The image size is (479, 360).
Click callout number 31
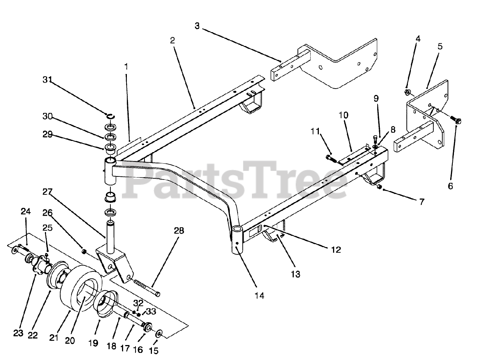(47, 80)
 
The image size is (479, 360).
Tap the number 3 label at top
(197, 26)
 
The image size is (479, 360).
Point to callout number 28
(179, 231)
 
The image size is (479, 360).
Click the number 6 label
(450, 186)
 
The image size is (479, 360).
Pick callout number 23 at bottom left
(18, 333)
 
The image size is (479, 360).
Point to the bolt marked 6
(456, 120)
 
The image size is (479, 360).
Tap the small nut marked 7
(379, 187)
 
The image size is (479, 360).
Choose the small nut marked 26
(85, 251)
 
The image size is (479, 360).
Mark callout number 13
(295, 274)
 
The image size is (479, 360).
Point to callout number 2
(172, 40)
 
